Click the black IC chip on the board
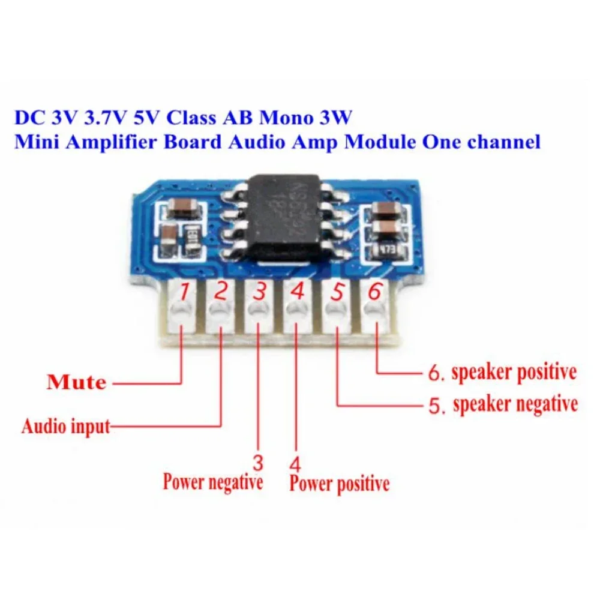coord(286,219)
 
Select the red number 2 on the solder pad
coord(221,292)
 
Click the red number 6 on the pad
coord(374,292)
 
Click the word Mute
coord(76,382)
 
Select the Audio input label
coord(66,427)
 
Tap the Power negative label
coord(213,481)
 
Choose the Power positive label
coord(339,483)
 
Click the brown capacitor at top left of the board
coord(179,208)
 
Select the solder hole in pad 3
coord(259,311)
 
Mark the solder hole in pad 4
coord(296,311)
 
